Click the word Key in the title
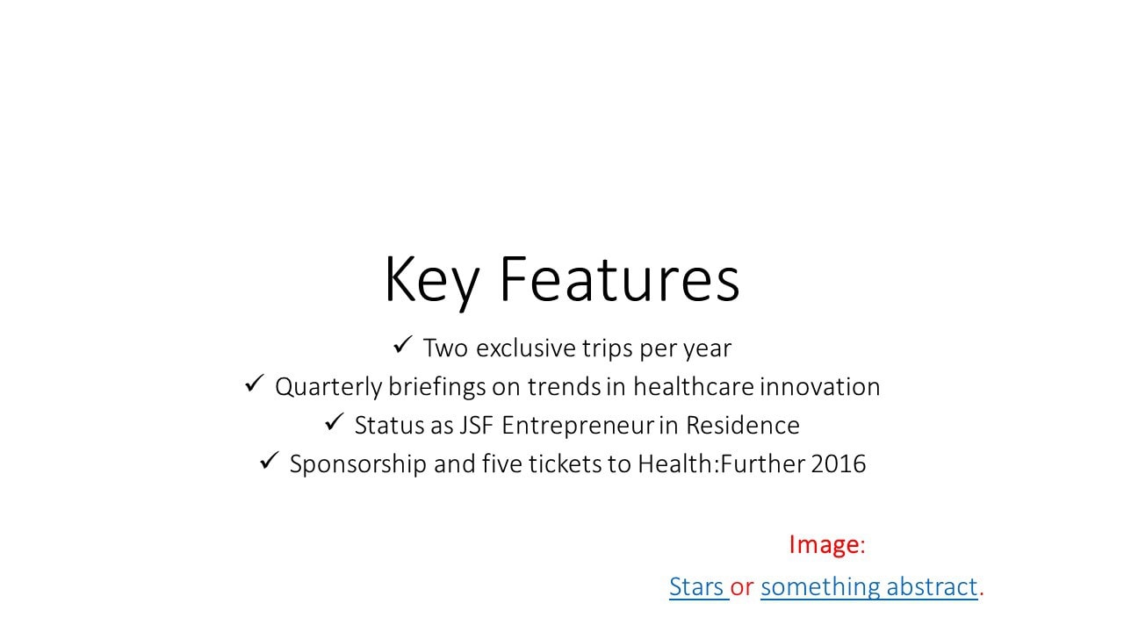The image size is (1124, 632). point(432,281)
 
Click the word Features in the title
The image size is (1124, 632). point(620,279)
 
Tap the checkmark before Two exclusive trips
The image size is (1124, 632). point(402,345)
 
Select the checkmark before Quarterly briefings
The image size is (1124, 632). point(255,384)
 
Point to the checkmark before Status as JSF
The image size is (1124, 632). point(335,422)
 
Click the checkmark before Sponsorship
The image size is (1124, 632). point(270,461)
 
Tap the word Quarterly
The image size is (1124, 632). point(328,388)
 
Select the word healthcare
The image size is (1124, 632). point(694,387)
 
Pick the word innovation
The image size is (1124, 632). point(820,387)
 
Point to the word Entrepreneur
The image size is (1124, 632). point(578,427)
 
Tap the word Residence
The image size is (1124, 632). point(743,426)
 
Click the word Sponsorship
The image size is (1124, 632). point(358,465)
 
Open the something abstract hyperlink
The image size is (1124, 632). point(869,587)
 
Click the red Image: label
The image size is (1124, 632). point(827,545)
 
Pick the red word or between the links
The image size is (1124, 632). point(742,588)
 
